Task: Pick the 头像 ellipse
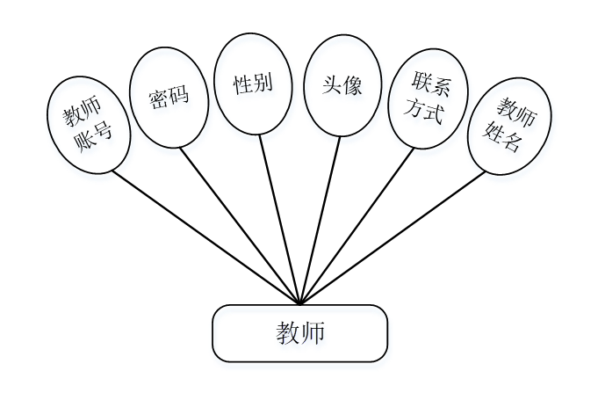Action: click(343, 84)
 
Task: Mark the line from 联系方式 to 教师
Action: click(356, 229)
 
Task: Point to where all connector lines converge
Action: click(300, 302)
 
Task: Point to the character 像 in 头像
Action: click(354, 84)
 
